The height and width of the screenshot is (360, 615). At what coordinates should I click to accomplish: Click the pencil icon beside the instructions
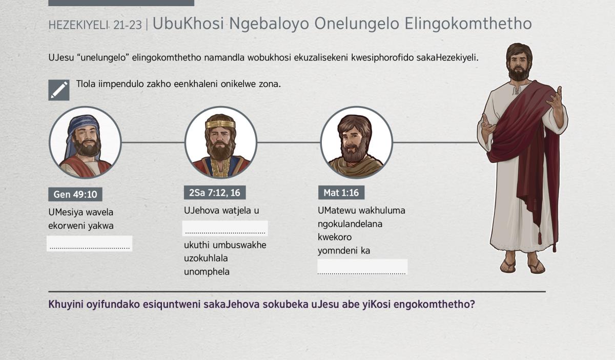point(59,90)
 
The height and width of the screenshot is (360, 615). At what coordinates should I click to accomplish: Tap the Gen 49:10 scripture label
point(75,194)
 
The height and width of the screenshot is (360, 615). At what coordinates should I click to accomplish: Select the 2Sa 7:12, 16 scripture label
point(215,193)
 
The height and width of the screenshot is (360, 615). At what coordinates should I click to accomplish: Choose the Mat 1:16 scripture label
point(341,193)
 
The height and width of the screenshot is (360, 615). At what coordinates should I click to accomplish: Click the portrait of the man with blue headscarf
point(85,142)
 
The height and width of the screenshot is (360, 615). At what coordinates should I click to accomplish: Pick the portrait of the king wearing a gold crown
point(221,142)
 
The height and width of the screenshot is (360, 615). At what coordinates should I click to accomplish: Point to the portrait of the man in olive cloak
point(356,142)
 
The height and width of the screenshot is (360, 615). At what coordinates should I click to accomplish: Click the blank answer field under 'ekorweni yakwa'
point(90,243)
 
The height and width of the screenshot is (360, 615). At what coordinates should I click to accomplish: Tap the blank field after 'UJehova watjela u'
point(225,228)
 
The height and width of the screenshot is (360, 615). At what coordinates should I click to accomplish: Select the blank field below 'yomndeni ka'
point(362,267)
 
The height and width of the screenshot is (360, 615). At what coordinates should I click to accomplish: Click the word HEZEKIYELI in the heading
point(78,25)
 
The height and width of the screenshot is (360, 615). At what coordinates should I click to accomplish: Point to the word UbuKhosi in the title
point(188,24)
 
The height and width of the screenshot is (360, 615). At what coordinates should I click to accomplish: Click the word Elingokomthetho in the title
point(468,24)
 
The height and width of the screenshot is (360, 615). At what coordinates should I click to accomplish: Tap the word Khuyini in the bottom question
point(66,304)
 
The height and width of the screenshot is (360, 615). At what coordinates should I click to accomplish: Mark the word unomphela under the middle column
point(207,271)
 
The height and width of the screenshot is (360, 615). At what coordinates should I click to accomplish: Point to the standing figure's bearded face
point(518,65)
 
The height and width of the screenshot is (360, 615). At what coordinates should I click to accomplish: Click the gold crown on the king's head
point(220,124)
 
